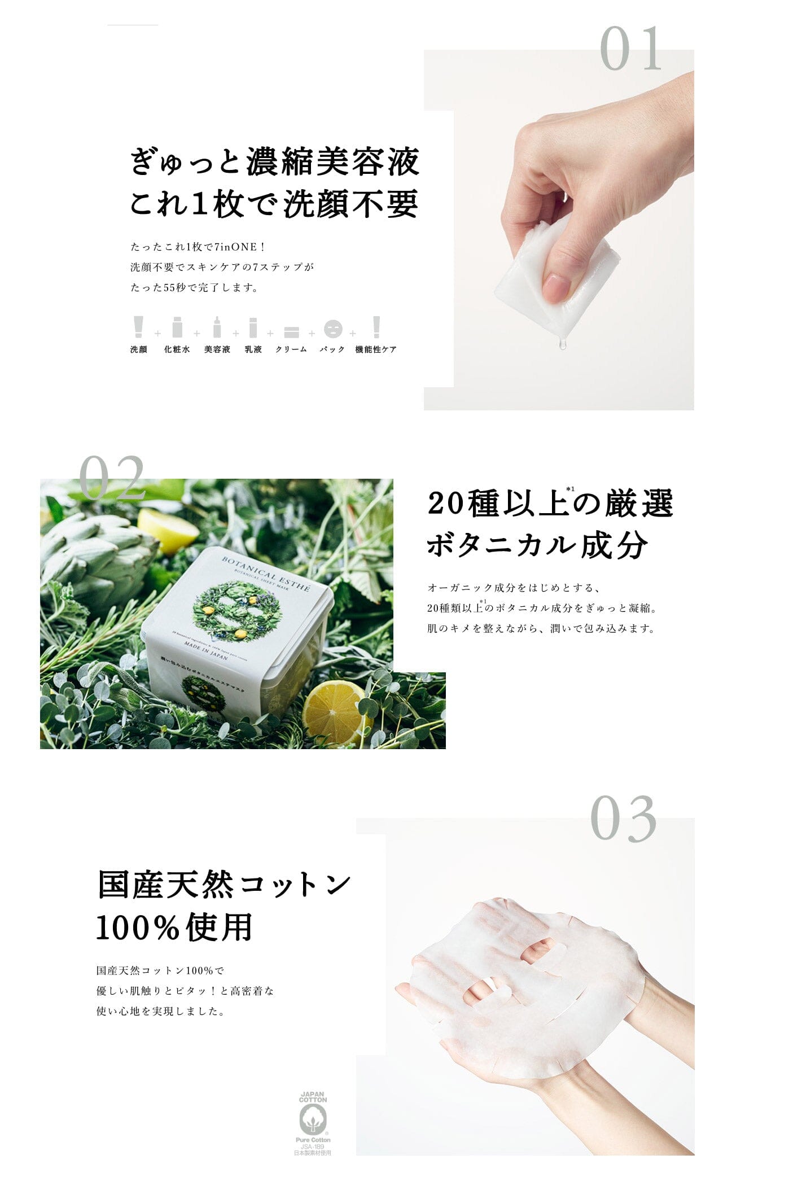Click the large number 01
pyautogui.click(x=630, y=49)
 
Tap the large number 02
pyautogui.click(x=112, y=478)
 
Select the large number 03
pyautogui.click(x=624, y=819)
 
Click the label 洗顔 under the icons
pyautogui.click(x=139, y=349)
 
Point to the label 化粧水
pyautogui.click(x=177, y=349)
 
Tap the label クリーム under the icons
pyautogui.click(x=291, y=349)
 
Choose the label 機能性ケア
pyautogui.click(x=376, y=349)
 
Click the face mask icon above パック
pyautogui.click(x=333, y=329)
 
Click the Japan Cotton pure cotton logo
pyautogui.click(x=313, y=1123)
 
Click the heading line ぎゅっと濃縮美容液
pyautogui.click(x=275, y=162)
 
